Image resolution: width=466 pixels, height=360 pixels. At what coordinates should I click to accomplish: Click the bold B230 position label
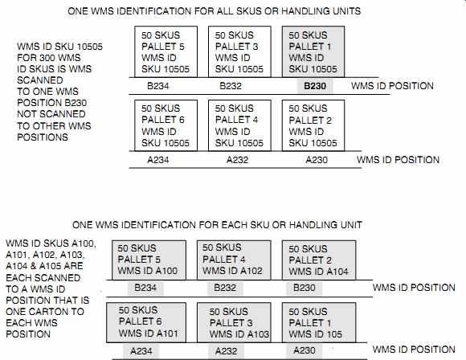315,86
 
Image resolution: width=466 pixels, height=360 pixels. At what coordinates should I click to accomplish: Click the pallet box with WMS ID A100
149,260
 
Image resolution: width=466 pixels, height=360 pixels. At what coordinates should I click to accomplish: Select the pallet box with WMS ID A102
234,260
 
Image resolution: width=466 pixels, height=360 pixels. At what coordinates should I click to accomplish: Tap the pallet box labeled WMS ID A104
319,260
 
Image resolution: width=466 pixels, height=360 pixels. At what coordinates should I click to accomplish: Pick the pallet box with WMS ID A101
146,322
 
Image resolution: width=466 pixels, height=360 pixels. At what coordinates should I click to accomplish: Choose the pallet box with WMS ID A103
234,322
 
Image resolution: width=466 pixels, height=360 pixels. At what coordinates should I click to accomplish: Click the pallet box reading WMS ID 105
319,322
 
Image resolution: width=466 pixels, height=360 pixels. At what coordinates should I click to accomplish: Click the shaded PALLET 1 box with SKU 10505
313,51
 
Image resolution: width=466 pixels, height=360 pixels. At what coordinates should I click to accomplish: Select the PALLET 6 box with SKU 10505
166,125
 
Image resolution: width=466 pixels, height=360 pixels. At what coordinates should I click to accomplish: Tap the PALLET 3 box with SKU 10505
239,51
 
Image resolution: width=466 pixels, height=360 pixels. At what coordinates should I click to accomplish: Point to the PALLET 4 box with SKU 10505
239,125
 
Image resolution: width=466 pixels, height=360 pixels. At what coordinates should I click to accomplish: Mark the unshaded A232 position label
237,160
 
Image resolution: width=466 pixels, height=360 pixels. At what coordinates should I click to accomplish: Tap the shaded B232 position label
225,288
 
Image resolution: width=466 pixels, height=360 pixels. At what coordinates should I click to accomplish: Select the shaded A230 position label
305,350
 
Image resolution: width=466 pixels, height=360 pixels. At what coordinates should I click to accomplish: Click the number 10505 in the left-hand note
89,47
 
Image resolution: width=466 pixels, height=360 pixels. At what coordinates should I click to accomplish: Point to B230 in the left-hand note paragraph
76,103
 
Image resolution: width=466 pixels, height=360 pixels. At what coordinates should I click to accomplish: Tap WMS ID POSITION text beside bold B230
392,86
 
